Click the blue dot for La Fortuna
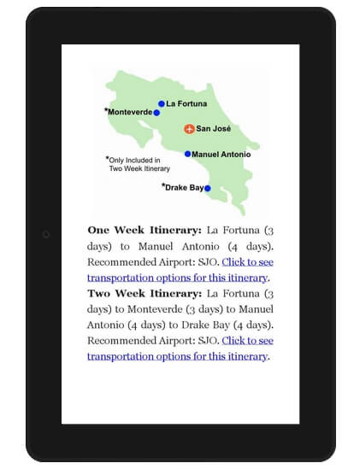point(162,103)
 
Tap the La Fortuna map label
point(186,103)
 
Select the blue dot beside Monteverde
point(156,112)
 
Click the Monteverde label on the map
point(130,112)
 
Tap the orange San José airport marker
point(189,129)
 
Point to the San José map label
point(214,129)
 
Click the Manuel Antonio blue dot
point(187,155)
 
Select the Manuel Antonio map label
point(221,155)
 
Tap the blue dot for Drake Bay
point(208,188)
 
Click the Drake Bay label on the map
point(184,186)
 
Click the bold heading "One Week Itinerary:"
point(145,230)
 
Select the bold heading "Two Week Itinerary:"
point(145,293)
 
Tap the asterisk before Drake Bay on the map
point(163,185)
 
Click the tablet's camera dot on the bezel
point(46,234)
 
